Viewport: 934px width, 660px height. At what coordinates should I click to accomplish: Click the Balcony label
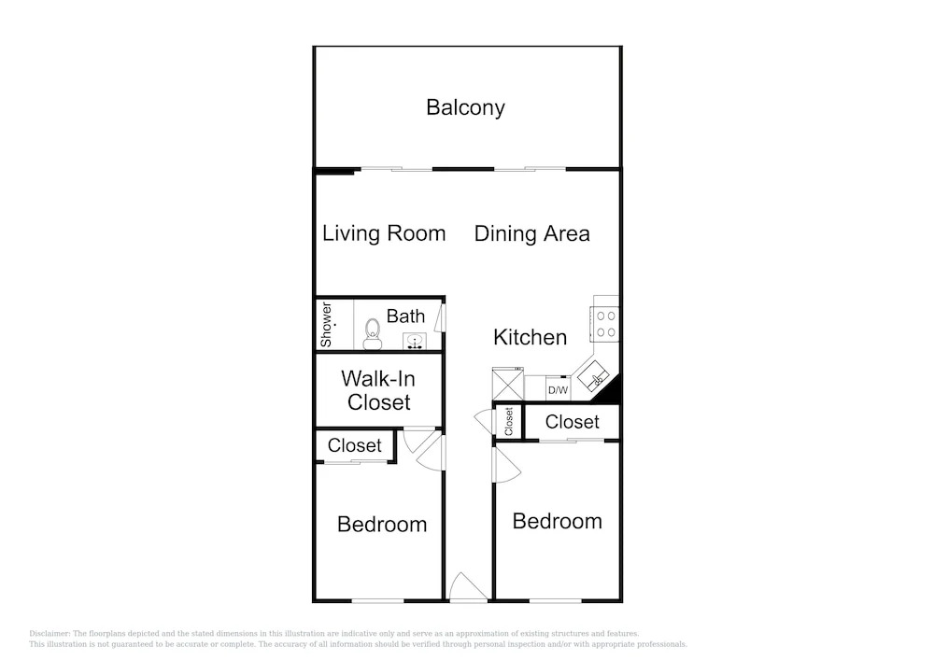pos(465,107)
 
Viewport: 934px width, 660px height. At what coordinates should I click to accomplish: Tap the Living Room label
pos(384,233)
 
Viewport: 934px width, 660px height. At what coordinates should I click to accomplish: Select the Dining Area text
pos(532,233)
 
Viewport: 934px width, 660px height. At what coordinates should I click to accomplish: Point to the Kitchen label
pos(530,337)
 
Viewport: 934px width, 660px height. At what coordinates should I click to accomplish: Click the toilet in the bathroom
pos(373,334)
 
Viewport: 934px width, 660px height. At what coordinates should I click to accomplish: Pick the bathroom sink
pos(415,342)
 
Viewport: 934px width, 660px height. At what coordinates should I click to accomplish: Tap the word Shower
pos(326,324)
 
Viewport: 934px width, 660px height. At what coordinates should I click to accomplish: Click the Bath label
pos(405,316)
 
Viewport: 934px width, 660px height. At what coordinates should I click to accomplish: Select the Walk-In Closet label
pos(378,390)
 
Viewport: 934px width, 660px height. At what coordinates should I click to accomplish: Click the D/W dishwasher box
pos(559,389)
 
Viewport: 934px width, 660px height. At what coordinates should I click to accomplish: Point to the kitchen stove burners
pos(606,324)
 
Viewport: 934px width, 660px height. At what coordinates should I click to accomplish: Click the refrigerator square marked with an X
pos(507,385)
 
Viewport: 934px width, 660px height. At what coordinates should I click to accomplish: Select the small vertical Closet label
pos(509,421)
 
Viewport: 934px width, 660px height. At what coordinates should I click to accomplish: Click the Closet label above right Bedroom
pos(572,422)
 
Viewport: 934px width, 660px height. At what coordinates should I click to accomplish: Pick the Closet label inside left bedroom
pos(354,445)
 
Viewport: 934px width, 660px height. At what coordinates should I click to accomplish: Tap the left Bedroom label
pos(382,525)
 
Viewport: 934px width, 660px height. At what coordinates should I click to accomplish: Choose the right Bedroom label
pos(557,521)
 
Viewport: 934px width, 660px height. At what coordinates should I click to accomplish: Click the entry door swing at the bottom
pos(468,587)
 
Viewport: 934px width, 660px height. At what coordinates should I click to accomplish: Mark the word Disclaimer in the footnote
pos(50,634)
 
